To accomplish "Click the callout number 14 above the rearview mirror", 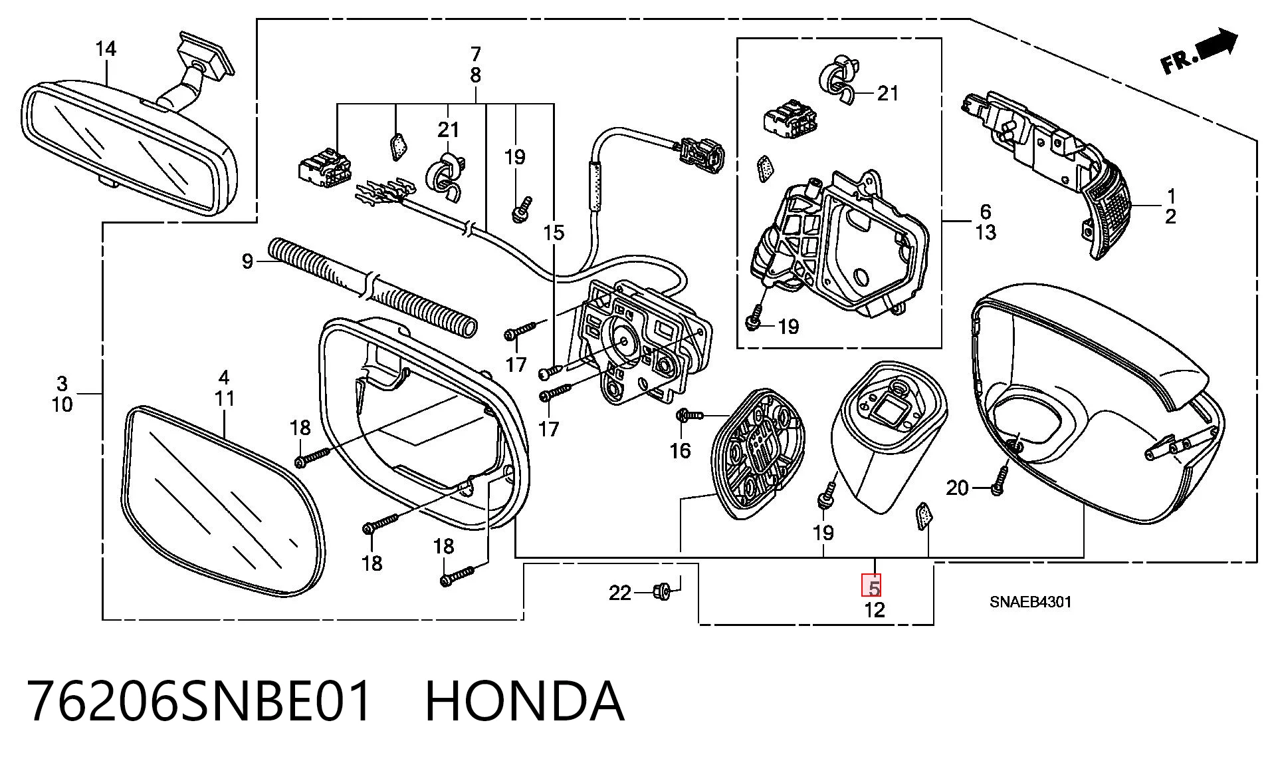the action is pyautogui.click(x=106, y=49).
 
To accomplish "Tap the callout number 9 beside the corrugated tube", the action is pyautogui.click(x=247, y=262).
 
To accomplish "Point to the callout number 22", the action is pyautogui.click(x=620, y=593).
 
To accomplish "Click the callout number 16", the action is pyautogui.click(x=680, y=451).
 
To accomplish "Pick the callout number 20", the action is pyautogui.click(x=957, y=488).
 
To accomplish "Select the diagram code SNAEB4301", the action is pyautogui.click(x=1030, y=602).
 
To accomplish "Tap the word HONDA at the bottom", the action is pyautogui.click(x=524, y=700).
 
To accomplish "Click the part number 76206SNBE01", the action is pyautogui.click(x=199, y=700).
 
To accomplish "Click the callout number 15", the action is pyautogui.click(x=553, y=233).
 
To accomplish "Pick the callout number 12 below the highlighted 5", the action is pyautogui.click(x=875, y=609).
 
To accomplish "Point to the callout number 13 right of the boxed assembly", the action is pyautogui.click(x=986, y=233).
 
